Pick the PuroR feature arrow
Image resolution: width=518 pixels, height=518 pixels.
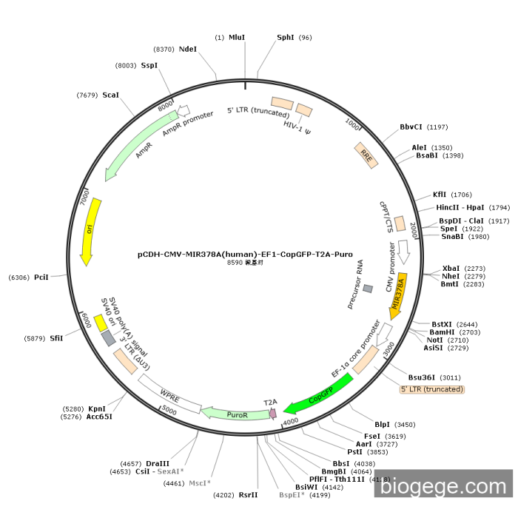[x=235, y=414]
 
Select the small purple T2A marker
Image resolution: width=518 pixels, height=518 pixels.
[x=272, y=412]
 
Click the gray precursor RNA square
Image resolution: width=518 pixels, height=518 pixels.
[x=368, y=288]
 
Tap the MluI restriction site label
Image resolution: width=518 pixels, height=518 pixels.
[x=237, y=37]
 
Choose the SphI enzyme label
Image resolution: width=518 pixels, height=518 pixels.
[x=286, y=37]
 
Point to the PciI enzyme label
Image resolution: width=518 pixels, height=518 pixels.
[x=41, y=277]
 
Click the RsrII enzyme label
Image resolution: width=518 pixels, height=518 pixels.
[x=249, y=494]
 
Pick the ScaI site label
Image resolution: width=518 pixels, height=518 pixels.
[x=110, y=95]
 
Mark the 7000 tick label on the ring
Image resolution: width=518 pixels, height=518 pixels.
[x=84, y=199]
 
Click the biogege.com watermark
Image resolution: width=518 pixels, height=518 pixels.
[x=443, y=486]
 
